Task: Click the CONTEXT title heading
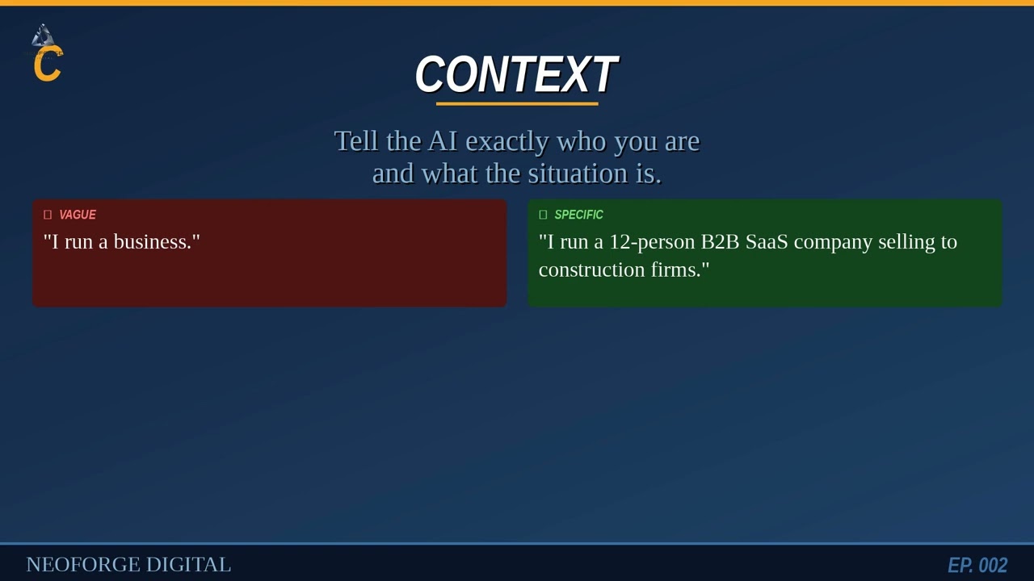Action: point(516,74)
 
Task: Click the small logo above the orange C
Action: point(43,36)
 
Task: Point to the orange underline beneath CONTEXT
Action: point(517,103)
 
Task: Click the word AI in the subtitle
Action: point(443,141)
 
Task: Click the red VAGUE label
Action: point(78,215)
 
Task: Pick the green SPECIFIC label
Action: point(578,215)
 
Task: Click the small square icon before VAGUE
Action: point(48,215)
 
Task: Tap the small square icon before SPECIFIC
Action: point(543,215)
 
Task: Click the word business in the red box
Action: point(152,242)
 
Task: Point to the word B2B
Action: point(720,242)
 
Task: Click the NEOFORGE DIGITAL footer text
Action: point(128,565)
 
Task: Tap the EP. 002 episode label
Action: point(977,566)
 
